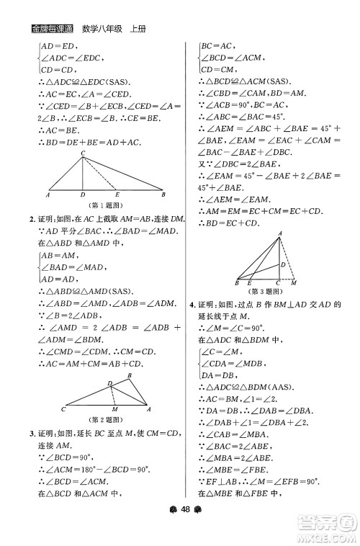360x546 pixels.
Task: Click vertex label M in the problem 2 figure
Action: (x=115, y=409)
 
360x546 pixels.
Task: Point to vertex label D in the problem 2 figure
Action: (x=109, y=382)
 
